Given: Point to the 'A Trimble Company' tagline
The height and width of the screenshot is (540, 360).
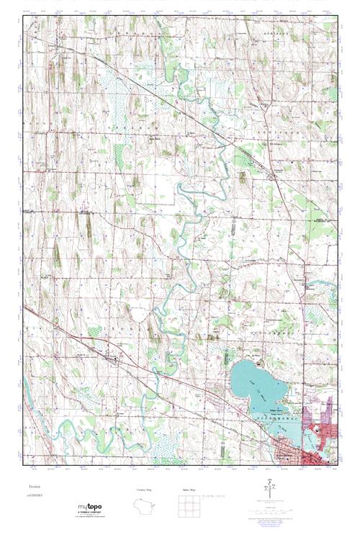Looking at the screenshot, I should click(91, 513).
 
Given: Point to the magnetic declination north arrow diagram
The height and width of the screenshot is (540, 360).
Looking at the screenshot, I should click(269, 492).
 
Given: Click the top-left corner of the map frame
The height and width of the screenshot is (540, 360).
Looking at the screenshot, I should click(23, 14).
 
